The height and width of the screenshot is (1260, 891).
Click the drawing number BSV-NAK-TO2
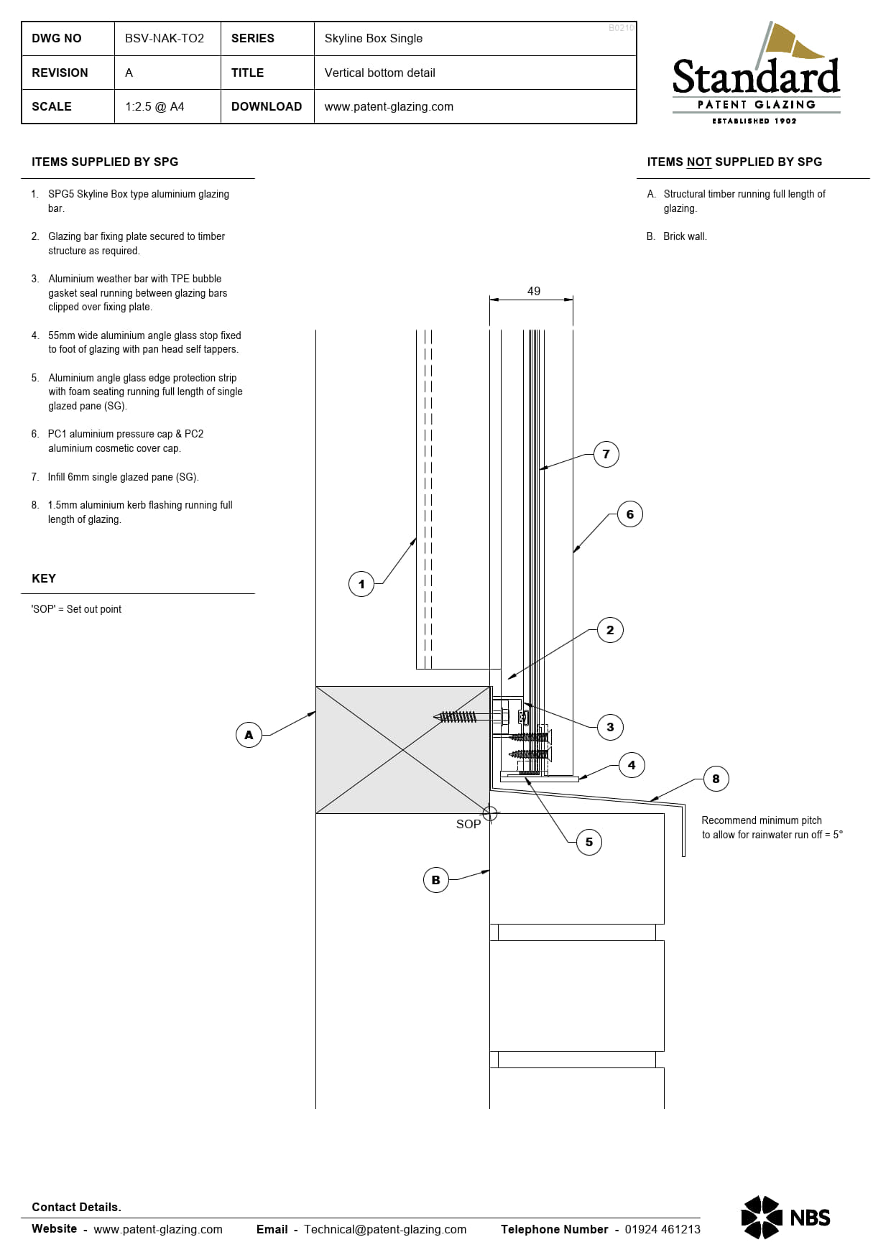pyautogui.click(x=165, y=39)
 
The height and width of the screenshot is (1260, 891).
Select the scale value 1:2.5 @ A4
pyautogui.click(x=154, y=107)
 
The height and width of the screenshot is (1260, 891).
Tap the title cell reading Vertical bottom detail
pyautogui.click(x=379, y=73)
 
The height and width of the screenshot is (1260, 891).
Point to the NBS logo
pyautogui.click(x=785, y=1217)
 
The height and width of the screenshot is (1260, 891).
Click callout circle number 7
pyautogui.click(x=606, y=454)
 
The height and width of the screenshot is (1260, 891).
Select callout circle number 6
pyautogui.click(x=630, y=514)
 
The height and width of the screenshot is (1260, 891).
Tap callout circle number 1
pyautogui.click(x=361, y=584)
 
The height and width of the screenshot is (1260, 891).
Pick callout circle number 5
pyautogui.click(x=589, y=842)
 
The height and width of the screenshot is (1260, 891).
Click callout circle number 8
pyautogui.click(x=716, y=779)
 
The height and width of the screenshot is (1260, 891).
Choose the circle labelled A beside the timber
pyautogui.click(x=249, y=735)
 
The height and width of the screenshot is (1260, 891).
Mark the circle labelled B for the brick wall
pyautogui.click(x=435, y=880)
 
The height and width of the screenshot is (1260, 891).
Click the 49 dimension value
pyautogui.click(x=533, y=291)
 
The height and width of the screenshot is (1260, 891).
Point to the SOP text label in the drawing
pyautogui.click(x=468, y=824)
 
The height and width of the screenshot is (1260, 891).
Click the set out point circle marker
pyautogui.click(x=490, y=813)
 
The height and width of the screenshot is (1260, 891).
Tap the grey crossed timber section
pyautogui.click(x=402, y=749)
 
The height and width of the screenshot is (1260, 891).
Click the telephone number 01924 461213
pyautogui.click(x=662, y=1229)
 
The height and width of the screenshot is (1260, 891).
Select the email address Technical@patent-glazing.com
pyautogui.click(x=385, y=1229)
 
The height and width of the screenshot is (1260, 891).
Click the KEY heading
pyautogui.click(x=44, y=578)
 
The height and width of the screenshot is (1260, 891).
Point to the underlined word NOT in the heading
pyautogui.click(x=698, y=162)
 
